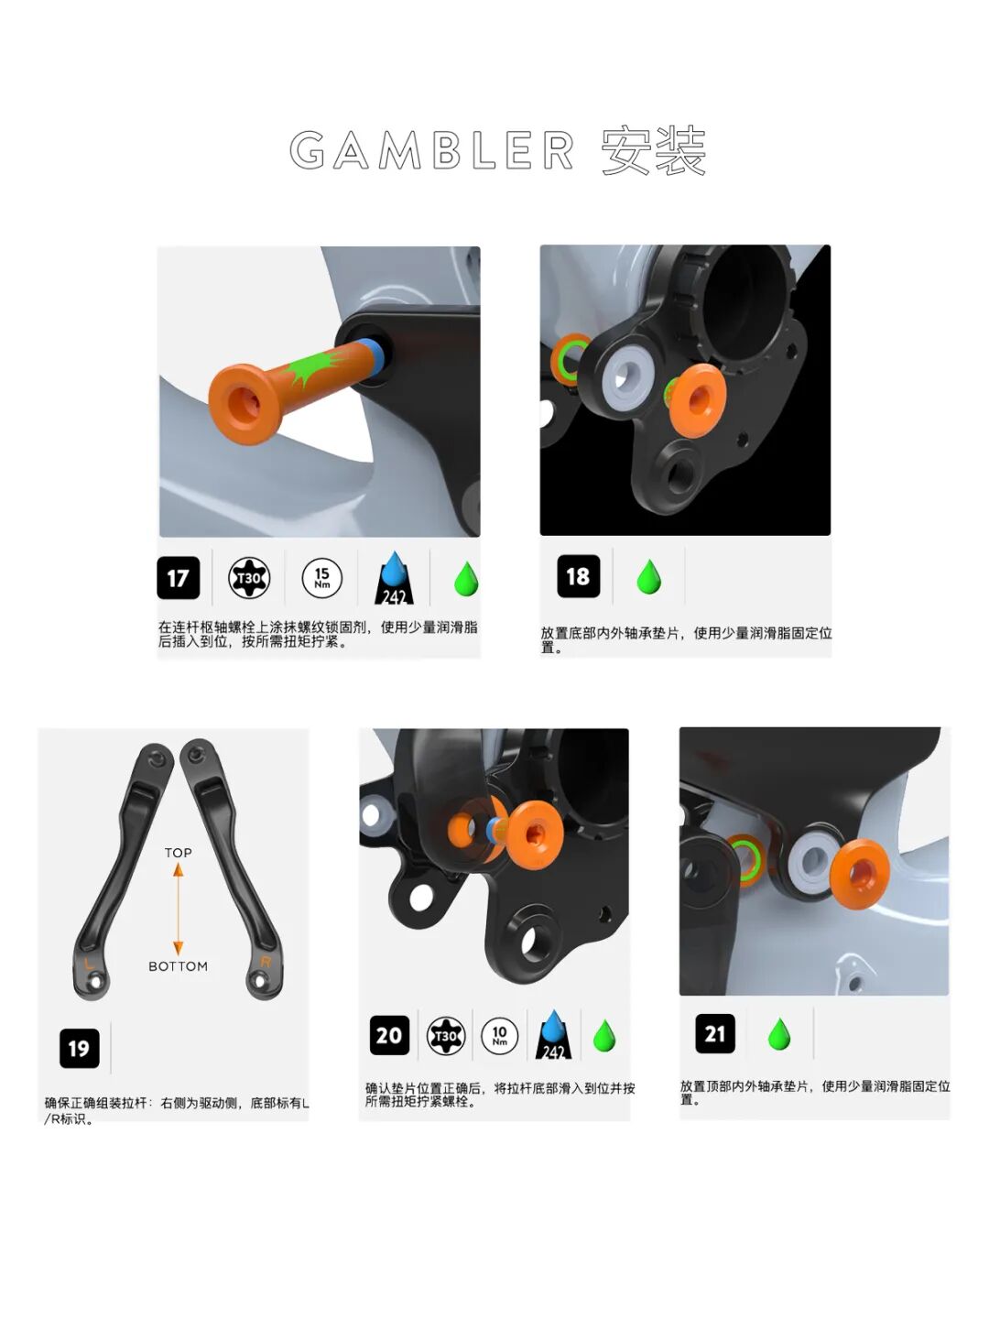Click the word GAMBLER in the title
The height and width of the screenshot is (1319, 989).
coord(432,151)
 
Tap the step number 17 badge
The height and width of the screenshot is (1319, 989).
coord(178,578)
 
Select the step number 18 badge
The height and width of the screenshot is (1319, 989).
coord(578,576)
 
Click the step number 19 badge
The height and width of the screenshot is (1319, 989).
coord(79,1048)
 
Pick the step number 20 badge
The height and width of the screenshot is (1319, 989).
coord(389,1036)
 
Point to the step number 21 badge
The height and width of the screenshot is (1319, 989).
coord(715,1034)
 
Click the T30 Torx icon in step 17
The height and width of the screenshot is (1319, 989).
coord(249,578)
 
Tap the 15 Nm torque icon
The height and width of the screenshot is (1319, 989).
coord(322,578)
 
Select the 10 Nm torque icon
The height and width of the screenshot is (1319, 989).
coord(499,1036)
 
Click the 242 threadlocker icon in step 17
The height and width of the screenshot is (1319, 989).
coord(395,580)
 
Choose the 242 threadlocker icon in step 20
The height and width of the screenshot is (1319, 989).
coord(553,1036)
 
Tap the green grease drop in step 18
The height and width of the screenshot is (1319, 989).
coord(649,577)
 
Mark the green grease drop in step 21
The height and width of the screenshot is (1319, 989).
coord(779,1034)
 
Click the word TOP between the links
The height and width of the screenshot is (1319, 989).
coord(179,853)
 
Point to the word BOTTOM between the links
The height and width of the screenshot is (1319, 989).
coord(179,966)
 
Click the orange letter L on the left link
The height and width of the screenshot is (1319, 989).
coord(89,964)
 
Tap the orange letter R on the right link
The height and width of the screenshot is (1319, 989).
coord(266,962)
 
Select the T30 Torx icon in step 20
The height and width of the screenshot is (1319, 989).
coord(445,1036)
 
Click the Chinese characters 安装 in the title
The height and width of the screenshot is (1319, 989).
coord(654,151)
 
